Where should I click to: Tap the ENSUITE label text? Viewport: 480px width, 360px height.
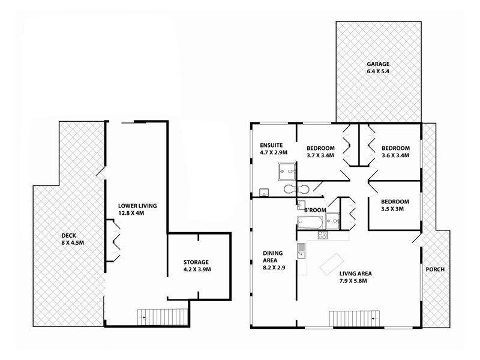pos(271,145)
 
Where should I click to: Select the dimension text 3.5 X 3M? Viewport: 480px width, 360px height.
pos(395,210)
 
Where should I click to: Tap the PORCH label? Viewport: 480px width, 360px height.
pos(434,269)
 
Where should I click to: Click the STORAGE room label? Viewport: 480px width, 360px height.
pos(196,262)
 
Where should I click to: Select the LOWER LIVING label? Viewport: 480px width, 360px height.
pos(137,206)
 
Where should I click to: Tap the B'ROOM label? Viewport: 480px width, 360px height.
pos(315,209)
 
